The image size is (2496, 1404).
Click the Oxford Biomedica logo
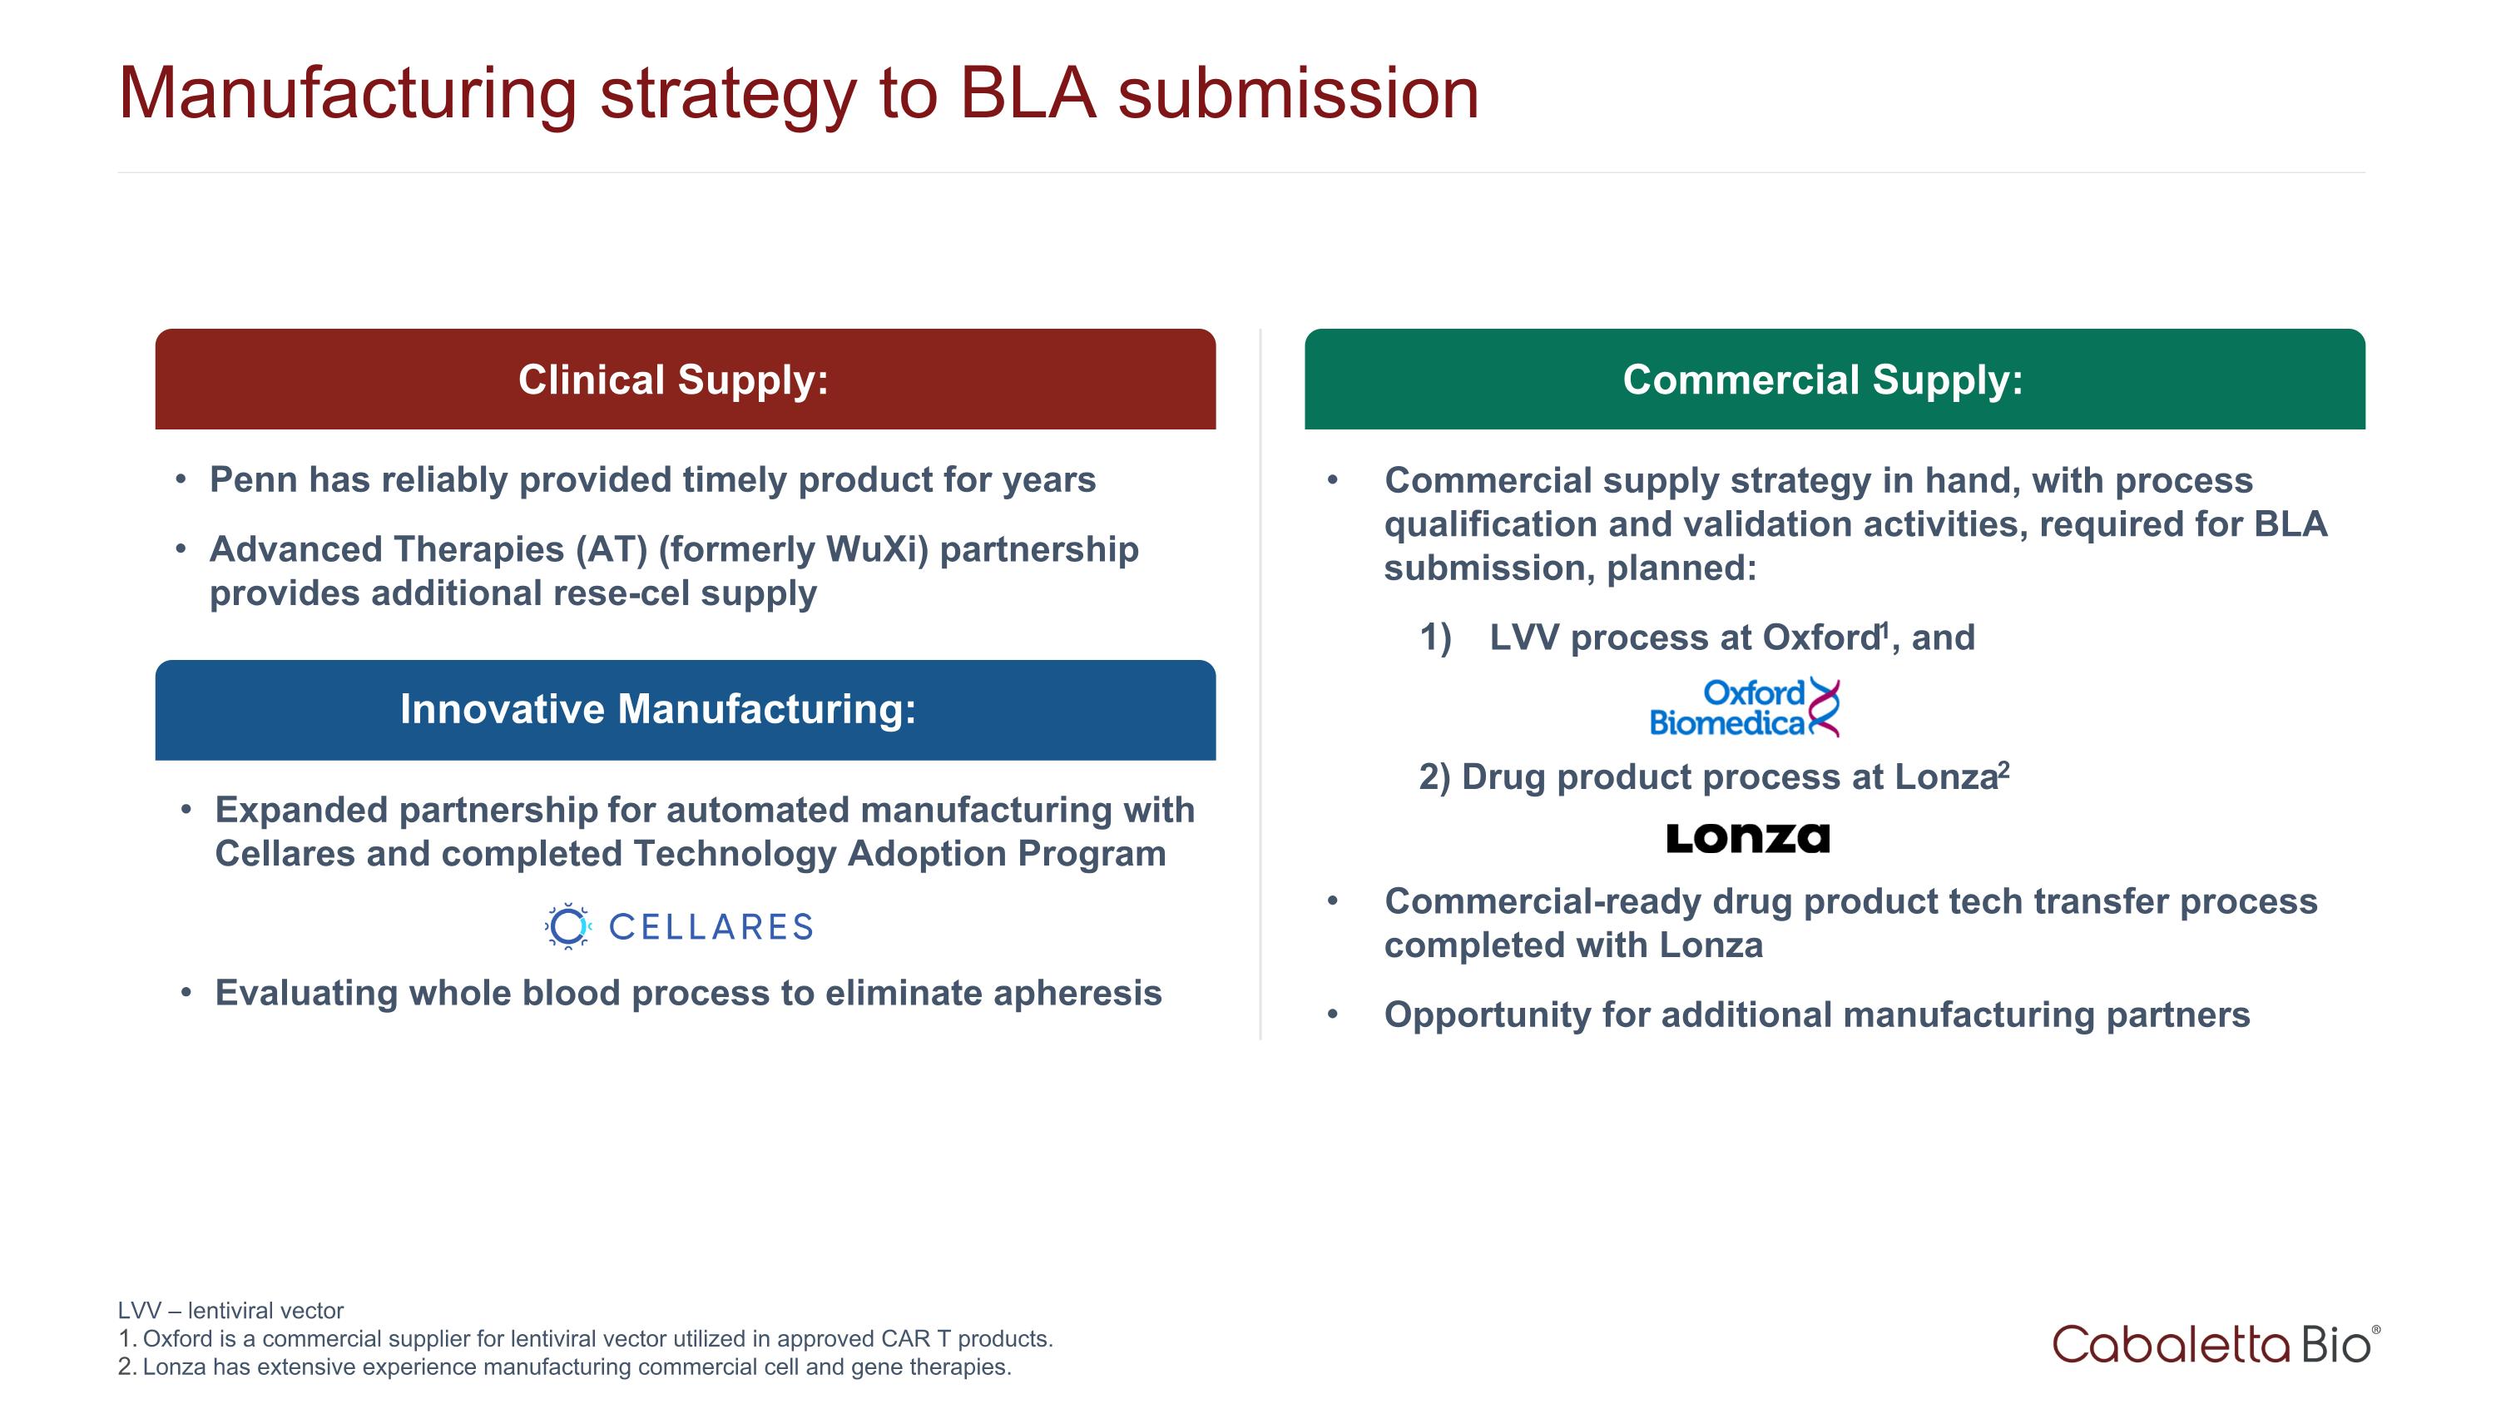(x=1743, y=707)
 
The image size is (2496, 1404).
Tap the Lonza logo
(x=1747, y=838)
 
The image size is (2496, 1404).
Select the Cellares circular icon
(x=567, y=926)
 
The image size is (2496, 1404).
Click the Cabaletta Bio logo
(x=2215, y=1344)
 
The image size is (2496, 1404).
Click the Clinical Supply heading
(x=673, y=380)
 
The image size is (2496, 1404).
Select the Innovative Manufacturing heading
(x=658, y=709)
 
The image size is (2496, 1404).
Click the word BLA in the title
(x=1026, y=94)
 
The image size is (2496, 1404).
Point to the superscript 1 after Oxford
(x=1884, y=630)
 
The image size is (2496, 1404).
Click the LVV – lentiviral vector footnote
(x=230, y=1310)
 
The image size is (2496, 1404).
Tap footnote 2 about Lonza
(x=564, y=1367)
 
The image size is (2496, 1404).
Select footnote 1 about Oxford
(x=584, y=1338)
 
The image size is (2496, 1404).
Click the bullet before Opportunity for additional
(x=1332, y=1015)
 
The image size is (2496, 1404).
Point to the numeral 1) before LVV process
(x=1435, y=638)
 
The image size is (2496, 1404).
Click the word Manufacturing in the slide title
(x=347, y=94)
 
